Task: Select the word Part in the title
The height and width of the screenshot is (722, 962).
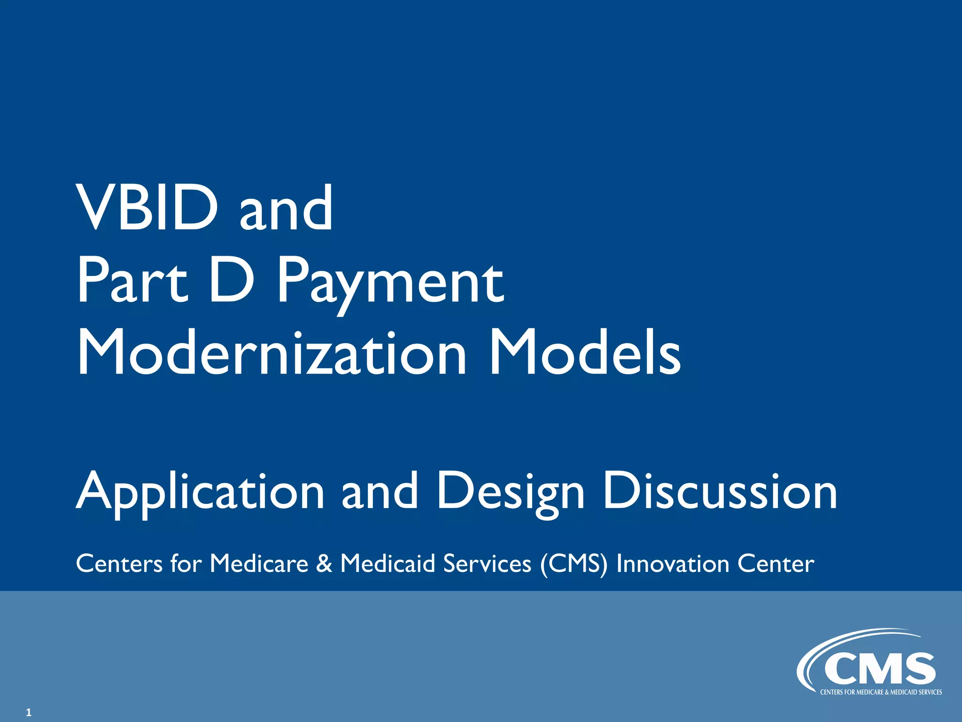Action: pyautogui.click(x=132, y=281)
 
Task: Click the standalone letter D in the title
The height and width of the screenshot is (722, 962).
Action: pyautogui.click(x=231, y=281)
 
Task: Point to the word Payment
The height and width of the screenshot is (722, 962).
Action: pyautogui.click(x=390, y=282)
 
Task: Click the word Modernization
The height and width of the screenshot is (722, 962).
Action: pyautogui.click(x=272, y=353)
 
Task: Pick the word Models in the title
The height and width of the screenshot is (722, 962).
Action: pyautogui.click(x=584, y=353)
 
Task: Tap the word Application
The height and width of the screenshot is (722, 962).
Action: pyautogui.click(x=200, y=492)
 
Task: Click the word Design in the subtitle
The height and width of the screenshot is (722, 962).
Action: pyautogui.click(x=511, y=492)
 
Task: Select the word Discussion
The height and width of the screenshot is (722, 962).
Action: pyautogui.click(x=720, y=492)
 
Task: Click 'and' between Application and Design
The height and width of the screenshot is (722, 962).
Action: pyautogui.click(x=380, y=492)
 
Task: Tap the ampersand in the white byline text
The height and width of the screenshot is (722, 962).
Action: pyautogui.click(x=324, y=564)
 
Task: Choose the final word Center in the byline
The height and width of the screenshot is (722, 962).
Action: pyautogui.click(x=776, y=564)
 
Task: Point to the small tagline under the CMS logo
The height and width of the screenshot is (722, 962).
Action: pyautogui.click(x=881, y=692)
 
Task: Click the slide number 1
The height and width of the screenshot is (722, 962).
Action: pyautogui.click(x=29, y=713)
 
